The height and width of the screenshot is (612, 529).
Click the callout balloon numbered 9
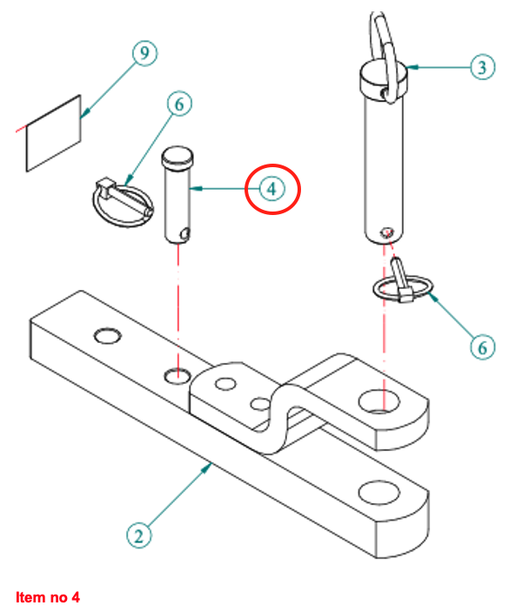[x=144, y=54]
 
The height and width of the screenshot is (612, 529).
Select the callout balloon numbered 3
[x=482, y=66]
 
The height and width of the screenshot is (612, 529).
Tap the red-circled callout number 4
[x=272, y=188]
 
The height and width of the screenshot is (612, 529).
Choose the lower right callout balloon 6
[x=482, y=346]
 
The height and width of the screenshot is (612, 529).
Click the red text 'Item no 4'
[x=48, y=597]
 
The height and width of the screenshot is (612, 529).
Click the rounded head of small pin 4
[x=177, y=158]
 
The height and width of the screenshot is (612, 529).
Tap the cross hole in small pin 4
[x=184, y=232]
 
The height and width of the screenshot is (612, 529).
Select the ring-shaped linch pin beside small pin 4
[x=122, y=197]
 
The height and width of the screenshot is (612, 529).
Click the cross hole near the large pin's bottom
[x=387, y=232]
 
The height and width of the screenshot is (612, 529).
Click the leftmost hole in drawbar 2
[x=108, y=336]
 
